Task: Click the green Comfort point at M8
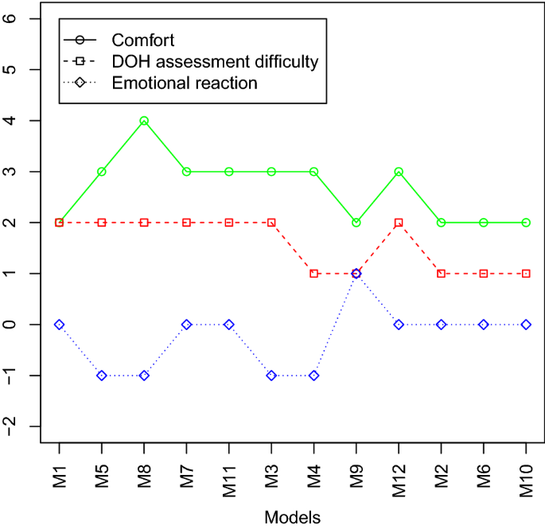tap(144, 121)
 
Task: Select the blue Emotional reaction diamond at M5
tap(102, 375)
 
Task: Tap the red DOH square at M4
tap(313, 274)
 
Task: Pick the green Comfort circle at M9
tap(356, 223)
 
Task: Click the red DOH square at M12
tap(399, 223)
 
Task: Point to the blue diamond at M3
tap(271, 375)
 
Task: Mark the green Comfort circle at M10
tap(526, 223)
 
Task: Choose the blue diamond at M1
tap(60, 325)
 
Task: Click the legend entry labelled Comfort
tap(143, 39)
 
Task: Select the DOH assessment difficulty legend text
tap(215, 60)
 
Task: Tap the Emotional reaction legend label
tap(185, 83)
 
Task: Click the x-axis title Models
tap(292, 517)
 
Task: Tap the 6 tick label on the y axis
tap(11, 18)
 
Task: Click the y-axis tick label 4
tap(11, 121)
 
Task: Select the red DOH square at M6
tap(484, 274)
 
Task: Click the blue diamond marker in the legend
tap(80, 83)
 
